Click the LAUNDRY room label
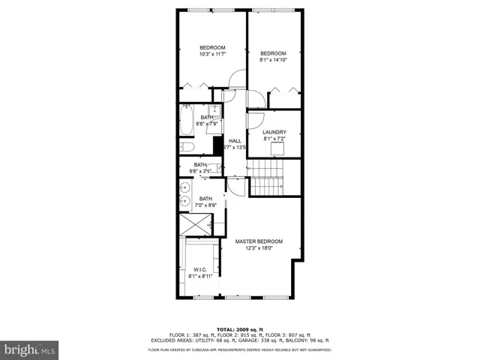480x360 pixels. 274,132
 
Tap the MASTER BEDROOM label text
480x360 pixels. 259,241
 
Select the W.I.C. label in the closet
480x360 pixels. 200,270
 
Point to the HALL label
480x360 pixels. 235,141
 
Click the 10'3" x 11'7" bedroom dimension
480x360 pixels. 212,54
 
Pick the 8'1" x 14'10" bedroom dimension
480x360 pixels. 274,60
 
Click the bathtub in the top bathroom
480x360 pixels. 187,121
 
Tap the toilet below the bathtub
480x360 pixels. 187,147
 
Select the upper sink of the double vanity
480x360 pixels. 184,188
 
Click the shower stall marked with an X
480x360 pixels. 196,225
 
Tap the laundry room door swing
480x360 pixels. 254,121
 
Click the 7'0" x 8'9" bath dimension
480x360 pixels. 205,205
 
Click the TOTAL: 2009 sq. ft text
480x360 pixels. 239,329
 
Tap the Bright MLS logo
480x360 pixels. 30,349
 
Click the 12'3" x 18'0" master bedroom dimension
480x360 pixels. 259,248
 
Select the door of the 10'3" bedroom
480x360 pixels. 238,79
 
